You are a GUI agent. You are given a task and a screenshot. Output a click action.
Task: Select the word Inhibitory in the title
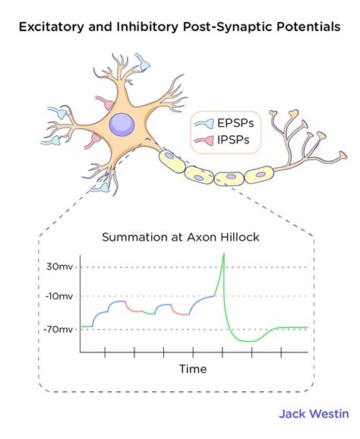(142, 28)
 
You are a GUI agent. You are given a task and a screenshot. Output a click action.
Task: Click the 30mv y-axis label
(60, 267)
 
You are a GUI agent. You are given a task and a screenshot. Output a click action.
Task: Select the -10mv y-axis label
(58, 297)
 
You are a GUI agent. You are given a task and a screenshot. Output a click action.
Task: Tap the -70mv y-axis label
(58, 329)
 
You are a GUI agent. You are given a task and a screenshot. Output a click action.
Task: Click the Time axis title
(192, 369)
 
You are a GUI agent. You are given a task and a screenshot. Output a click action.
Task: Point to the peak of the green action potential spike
(223, 254)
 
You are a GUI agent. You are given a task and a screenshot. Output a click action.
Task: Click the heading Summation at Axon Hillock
(181, 238)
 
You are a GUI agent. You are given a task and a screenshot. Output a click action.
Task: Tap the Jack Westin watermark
(313, 414)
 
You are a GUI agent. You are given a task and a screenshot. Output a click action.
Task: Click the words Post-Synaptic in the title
(223, 28)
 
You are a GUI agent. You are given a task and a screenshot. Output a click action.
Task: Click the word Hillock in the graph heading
(238, 238)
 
